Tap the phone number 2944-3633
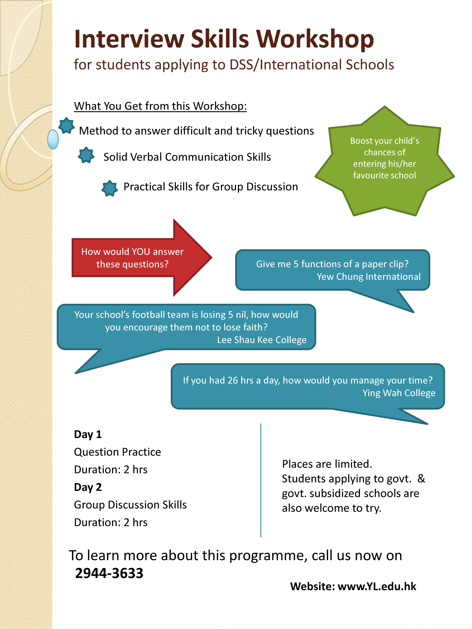[x=109, y=573]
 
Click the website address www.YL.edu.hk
[x=377, y=586]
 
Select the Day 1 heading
[x=88, y=434]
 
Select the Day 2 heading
[x=88, y=487]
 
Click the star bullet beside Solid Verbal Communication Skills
[x=86, y=155]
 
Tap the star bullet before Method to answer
[x=66, y=125]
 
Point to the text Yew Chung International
[x=369, y=277]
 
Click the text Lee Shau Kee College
[x=262, y=340]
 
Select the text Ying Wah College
[x=399, y=393]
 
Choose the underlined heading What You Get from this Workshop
[x=160, y=106]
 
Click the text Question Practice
[x=117, y=452]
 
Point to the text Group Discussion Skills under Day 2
[x=130, y=505]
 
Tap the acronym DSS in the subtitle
[x=241, y=65]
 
